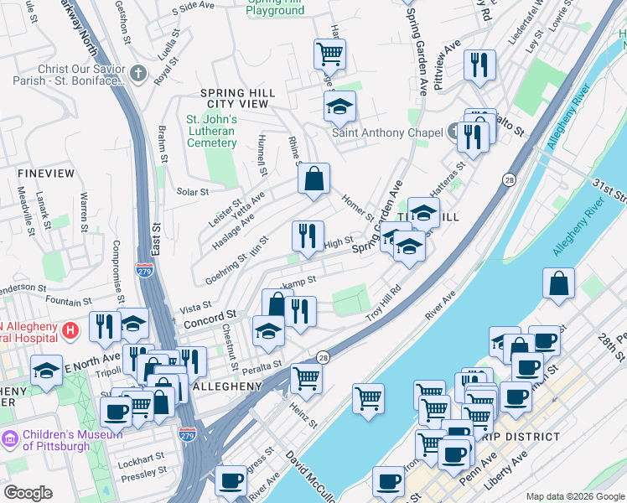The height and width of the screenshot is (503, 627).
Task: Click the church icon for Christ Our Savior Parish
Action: coord(138,74)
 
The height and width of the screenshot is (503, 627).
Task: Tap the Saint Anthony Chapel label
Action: coord(386,132)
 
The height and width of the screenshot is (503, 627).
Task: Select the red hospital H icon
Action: coord(71,331)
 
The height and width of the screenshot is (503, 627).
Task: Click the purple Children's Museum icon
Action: coord(11,438)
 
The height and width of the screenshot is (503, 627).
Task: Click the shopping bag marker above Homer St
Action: coord(313,179)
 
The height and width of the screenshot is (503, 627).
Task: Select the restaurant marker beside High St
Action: coord(308,236)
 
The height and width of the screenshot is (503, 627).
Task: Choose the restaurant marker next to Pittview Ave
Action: coord(479,65)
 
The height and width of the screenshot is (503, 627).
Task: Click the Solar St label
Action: coord(192,192)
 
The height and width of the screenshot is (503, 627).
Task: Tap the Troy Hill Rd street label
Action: coord(384,308)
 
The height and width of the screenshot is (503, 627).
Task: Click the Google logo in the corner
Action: coord(28,493)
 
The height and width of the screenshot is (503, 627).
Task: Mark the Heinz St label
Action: coord(304,414)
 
